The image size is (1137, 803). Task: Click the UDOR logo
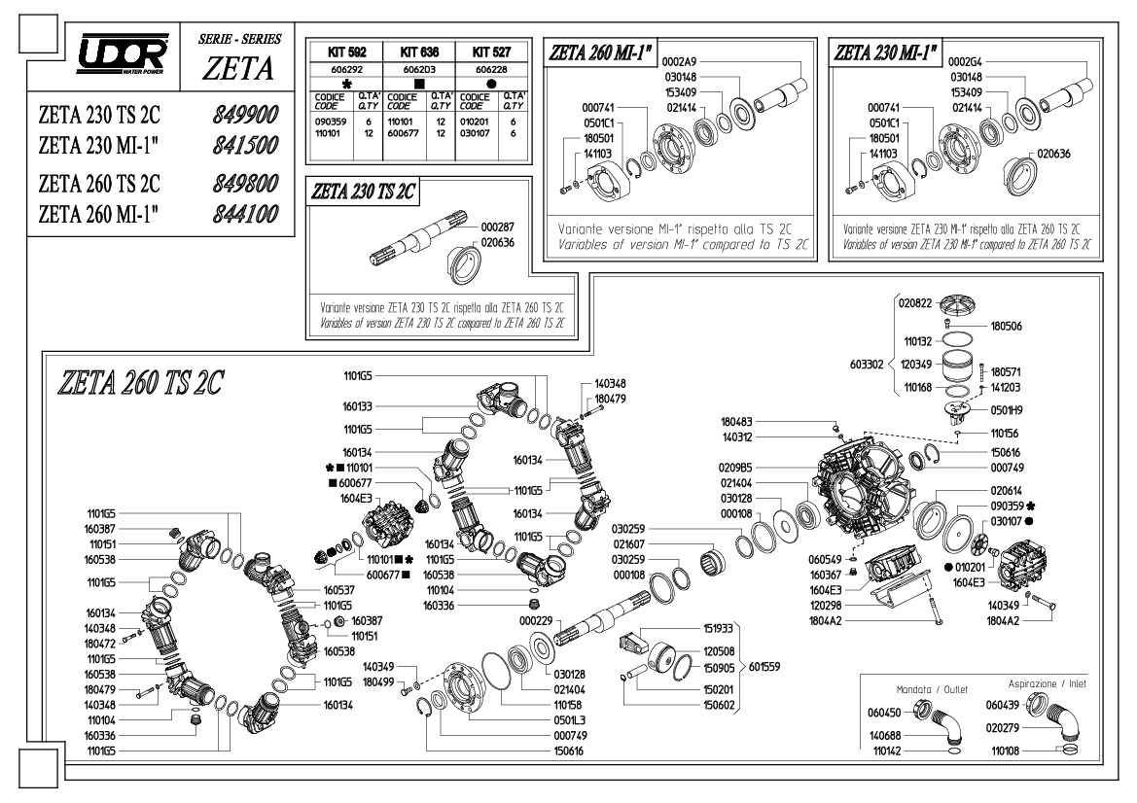pyautogui.click(x=123, y=53)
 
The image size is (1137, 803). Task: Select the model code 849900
pyautogui.click(x=245, y=115)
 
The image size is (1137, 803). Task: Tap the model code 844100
pyautogui.click(x=245, y=214)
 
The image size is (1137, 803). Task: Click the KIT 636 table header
pyautogui.click(x=419, y=52)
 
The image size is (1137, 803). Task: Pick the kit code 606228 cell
pyautogui.click(x=491, y=70)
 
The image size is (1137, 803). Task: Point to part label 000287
pyautogui.click(x=497, y=227)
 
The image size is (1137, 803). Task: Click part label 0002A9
pyautogui.click(x=679, y=61)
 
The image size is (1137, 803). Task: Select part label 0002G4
pyautogui.click(x=965, y=61)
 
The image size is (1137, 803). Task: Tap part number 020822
pyautogui.click(x=915, y=303)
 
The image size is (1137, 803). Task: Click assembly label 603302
pyautogui.click(x=867, y=364)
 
